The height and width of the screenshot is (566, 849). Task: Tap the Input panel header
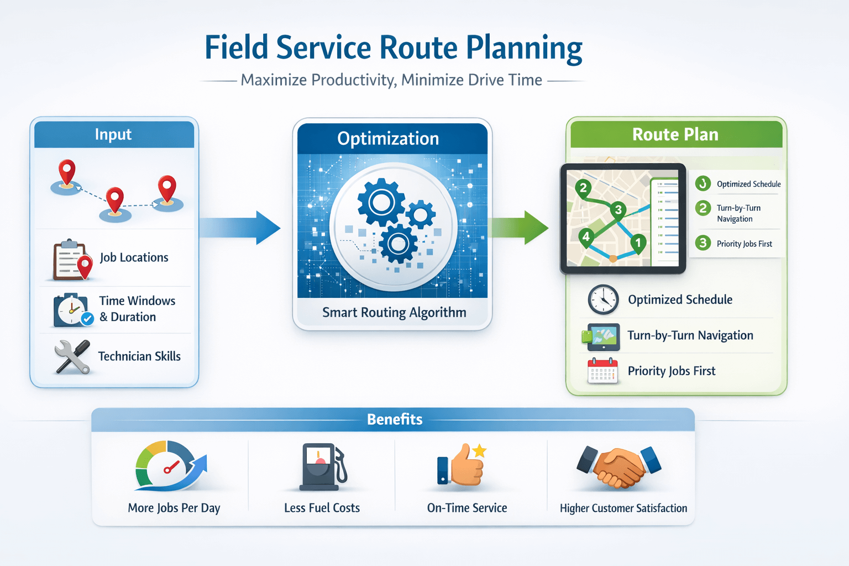(113, 134)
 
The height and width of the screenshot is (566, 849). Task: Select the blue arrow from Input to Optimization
(240, 227)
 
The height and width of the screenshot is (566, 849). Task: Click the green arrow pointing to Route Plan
(518, 227)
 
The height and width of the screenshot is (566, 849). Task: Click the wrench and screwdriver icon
(72, 357)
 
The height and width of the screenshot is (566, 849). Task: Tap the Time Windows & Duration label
(137, 309)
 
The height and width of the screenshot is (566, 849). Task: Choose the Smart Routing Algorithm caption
(394, 313)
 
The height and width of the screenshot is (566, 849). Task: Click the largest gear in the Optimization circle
(381, 203)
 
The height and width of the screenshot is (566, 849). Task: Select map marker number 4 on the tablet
(586, 237)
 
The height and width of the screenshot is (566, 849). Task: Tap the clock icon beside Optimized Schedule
(603, 300)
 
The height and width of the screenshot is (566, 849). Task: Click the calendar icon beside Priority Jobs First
(602, 371)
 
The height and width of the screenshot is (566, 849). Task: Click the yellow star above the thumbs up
(479, 450)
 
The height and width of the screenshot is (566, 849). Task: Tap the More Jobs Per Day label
(174, 508)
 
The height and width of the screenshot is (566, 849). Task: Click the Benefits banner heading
(394, 420)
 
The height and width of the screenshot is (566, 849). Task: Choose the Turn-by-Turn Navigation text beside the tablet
(738, 213)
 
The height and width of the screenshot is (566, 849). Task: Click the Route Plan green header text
(675, 134)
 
